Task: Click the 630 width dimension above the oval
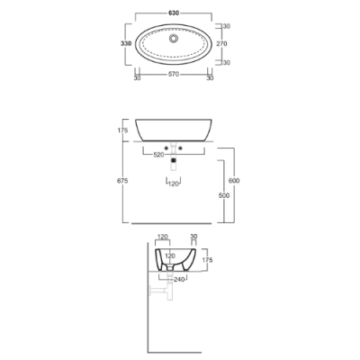(174, 13)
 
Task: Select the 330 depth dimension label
(126, 43)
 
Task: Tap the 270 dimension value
(221, 43)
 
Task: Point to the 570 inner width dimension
(174, 74)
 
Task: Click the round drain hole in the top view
(174, 39)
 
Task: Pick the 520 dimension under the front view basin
(158, 155)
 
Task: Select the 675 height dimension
(123, 181)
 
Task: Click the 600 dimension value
(234, 181)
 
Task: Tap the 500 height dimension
(224, 195)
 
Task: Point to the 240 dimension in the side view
(179, 279)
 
